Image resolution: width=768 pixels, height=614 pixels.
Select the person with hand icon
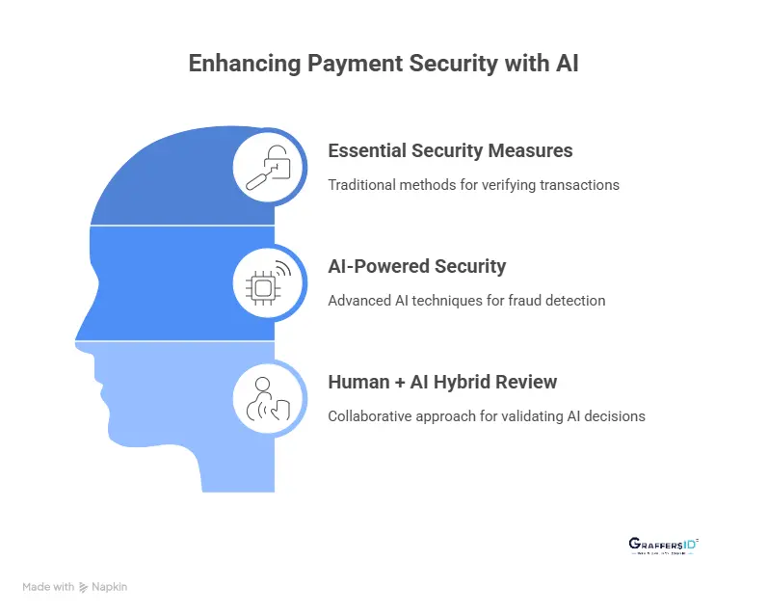[268, 397]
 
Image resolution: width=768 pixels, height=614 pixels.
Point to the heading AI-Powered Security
[416, 266]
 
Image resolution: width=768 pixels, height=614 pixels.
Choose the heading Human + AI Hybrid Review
[442, 382]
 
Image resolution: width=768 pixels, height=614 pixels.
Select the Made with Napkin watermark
[75, 586]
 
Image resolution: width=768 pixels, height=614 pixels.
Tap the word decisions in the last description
[615, 416]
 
